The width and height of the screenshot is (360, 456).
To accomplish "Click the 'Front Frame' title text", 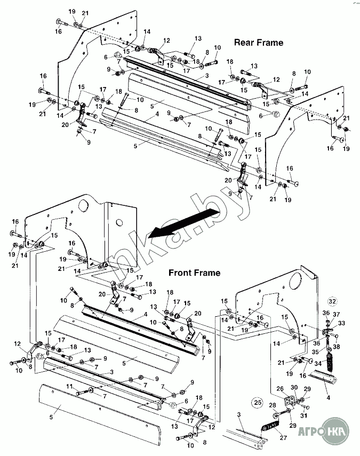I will tap(194, 273).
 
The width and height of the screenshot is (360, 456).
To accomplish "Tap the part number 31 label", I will tap(304, 415).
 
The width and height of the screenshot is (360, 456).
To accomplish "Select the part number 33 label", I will tap(341, 323).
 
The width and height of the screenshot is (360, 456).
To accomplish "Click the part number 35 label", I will tap(315, 352).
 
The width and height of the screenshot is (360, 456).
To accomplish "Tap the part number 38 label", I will tap(337, 347).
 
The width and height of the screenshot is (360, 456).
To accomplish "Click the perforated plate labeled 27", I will tap(269, 426).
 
